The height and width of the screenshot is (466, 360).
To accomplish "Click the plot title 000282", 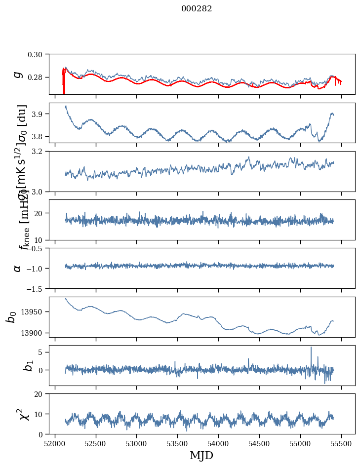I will pyautogui.click(x=197, y=9).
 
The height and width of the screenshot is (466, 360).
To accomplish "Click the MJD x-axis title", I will pyautogui.click(x=201, y=455).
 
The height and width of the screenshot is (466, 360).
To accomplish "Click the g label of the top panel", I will pyautogui.click(x=18, y=74).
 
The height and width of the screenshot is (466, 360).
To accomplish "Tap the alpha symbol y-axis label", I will pyautogui.click(x=18, y=268).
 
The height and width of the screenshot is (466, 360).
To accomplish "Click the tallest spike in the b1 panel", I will pyautogui.click(x=311, y=348).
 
